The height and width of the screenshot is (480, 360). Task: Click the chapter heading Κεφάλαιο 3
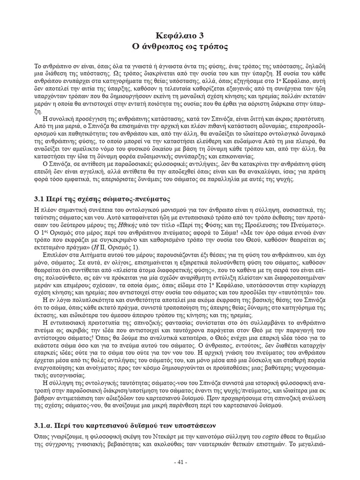click(x=180, y=36)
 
